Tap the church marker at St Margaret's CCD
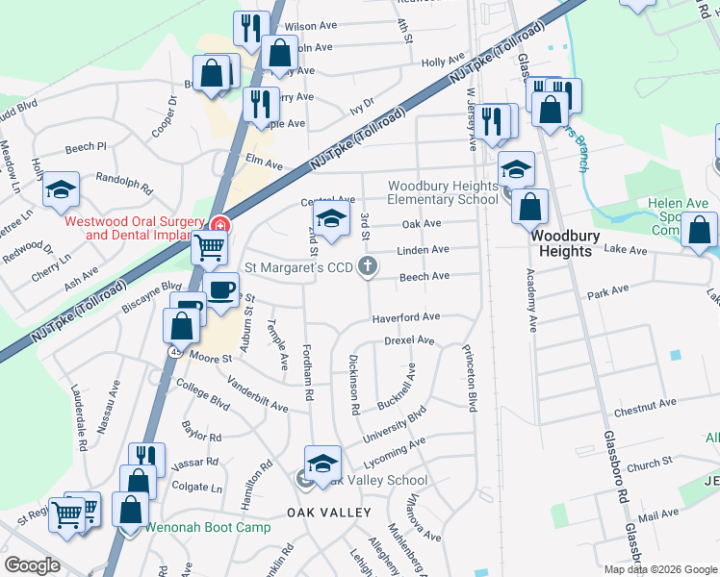(x=367, y=267)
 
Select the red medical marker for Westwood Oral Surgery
(x=220, y=224)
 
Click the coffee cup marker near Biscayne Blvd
(x=221, y=289)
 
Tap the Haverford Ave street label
(x=406, y=316)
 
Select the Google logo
(x=33, y=565)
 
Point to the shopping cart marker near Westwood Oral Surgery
(x=208, y=247)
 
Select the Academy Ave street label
(x=530, y=299)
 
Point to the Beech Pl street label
(x=86, y=146)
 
